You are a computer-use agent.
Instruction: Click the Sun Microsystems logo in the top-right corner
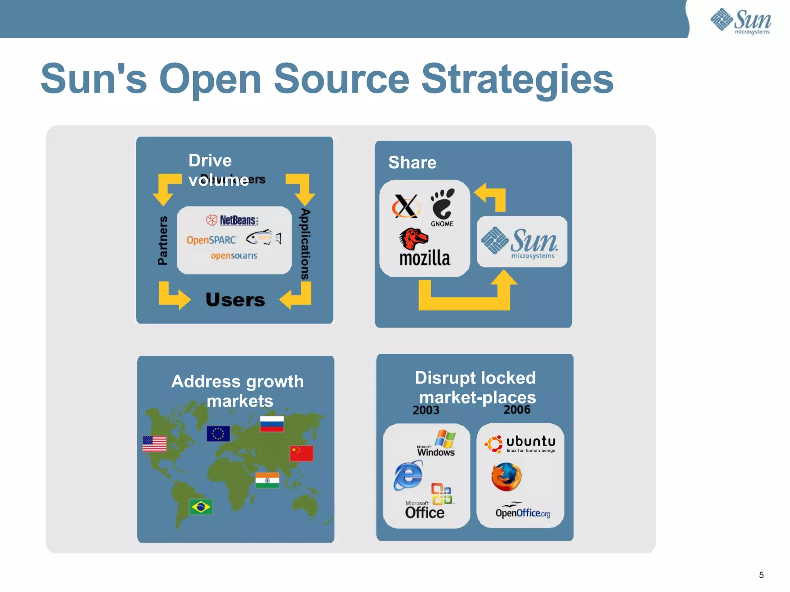(x=741, y=21)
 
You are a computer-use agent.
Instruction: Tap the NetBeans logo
(x=232, y=220)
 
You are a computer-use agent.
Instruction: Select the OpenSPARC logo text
(x=211, y=240)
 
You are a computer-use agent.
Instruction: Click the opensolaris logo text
(x=234, y=256)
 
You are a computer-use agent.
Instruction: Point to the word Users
(x=235, y=300)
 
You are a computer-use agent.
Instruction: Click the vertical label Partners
(x=163, y=240)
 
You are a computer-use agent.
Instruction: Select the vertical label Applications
(x=305, y=244)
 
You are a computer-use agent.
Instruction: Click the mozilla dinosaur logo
(x=414, y=239)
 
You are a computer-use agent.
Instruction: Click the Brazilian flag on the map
(x=201, y=507)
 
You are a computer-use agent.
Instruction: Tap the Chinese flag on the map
(x=301, y=453)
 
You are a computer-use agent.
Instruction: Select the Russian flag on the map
(x=272, y=424)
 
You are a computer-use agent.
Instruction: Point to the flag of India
(x=267, y=480)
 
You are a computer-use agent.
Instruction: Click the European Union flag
(x=218, y=434)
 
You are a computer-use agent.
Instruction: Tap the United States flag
(x=154, y=444)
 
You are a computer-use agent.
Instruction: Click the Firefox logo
(x=506, y=477)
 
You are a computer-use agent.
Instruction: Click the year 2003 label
(x=426, y=410)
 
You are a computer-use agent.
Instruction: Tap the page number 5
(x=761, y=575)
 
